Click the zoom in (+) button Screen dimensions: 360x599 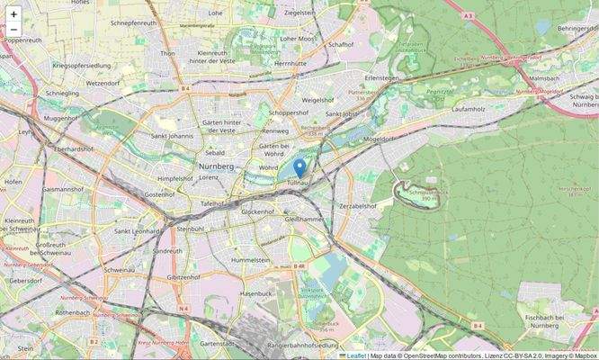point(13,13)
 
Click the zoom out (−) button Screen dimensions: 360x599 point(13,31)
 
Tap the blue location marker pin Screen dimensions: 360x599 point(299,168)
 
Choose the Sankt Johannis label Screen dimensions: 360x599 point(173,136)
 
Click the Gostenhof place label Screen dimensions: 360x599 point(158,194)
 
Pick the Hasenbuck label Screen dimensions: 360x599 point(255,294)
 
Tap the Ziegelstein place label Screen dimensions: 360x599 point(299,13)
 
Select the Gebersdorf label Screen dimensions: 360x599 point(25,281)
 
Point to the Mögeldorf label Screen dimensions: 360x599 point(378,139)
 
